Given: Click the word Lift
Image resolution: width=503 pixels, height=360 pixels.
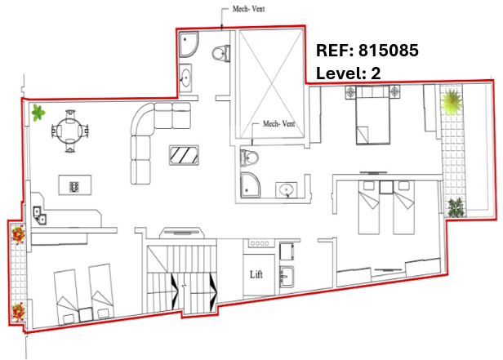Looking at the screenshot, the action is tap(256, 274).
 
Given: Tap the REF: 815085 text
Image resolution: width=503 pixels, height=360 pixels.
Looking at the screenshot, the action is tap(367, 51).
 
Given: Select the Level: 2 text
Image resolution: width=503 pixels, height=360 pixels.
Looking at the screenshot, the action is tap(349, 73).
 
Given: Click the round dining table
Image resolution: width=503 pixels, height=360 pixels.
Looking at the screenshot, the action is tap(70, 131).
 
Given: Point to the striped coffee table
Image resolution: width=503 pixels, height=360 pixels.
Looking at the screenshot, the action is tap(184, 155).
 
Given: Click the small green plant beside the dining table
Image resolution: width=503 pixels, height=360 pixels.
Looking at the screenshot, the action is tap(38, 113).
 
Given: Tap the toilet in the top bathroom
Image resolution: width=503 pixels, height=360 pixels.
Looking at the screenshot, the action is tap(221, 53).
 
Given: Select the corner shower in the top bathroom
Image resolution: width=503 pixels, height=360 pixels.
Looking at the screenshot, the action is tap(189, 45).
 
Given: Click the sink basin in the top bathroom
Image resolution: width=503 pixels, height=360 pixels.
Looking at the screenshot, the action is tap(185, 78).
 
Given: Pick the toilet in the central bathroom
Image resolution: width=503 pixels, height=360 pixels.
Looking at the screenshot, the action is tap(250, 158).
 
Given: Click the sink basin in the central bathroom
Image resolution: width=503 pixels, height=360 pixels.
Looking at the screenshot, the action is tap(286, 190).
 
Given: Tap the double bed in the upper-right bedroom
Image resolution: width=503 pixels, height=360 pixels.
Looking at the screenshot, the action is tap(372, 115).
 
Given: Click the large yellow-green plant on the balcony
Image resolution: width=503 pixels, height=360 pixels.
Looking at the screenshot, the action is tap(452, 101).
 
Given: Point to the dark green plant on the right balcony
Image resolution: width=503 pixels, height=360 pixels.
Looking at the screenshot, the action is tap(456, 207).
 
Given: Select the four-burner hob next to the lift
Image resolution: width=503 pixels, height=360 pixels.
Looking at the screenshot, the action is tap(260, 243).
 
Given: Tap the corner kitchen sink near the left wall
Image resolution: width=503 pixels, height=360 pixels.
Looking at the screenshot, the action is tap(40, 215).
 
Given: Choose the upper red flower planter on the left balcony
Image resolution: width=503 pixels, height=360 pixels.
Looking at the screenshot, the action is tap(18, 234).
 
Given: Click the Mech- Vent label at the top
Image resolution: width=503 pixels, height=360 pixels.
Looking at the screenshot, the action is tap(248, 9).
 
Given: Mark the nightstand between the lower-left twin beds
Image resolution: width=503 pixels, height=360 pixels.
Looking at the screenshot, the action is tap(86, 314).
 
